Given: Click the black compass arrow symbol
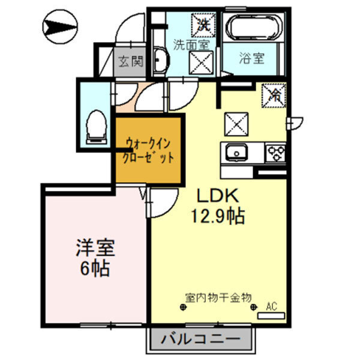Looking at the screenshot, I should pyautogui.click(x=60, y=26).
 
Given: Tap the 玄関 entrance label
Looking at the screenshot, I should pyautogui.click(x=130, y=61).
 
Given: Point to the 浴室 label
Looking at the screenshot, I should pyautogui.click(x=252, y=59).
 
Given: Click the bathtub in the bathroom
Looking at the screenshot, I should pyautogui.click(x=251, y=29).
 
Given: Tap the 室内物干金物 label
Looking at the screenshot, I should pyautogui.click(x=218, y=298).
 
